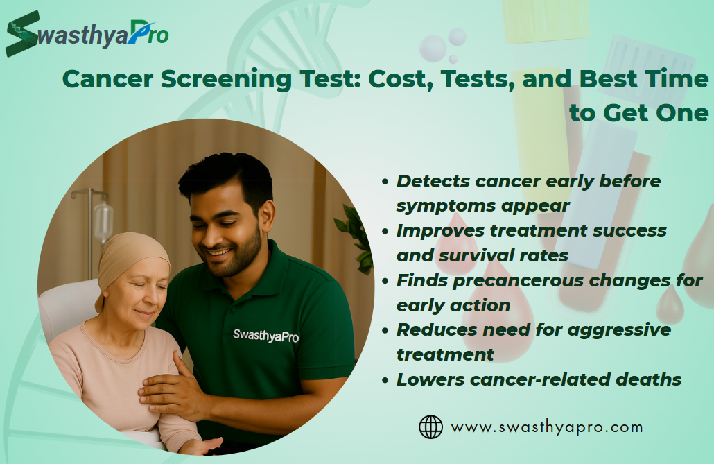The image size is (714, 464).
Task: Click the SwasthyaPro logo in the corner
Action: (87, 34)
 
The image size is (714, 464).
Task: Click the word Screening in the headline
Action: (226, 79)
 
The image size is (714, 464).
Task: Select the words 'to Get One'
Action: (639, 112)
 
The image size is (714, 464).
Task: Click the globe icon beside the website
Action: (430, 427)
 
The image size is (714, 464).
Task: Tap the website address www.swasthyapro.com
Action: (547, 427)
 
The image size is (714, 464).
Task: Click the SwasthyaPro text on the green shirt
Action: (266, 336)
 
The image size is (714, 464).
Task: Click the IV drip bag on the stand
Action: (103, 221)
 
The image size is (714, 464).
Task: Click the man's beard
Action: (237, 255)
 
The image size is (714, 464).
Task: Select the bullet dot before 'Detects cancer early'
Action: (385, 182)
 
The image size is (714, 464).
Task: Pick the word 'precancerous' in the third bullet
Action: (518, 281)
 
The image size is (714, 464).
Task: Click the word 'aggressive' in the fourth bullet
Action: (619, 330)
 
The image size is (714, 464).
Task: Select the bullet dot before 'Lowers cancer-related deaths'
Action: (385, 380)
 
